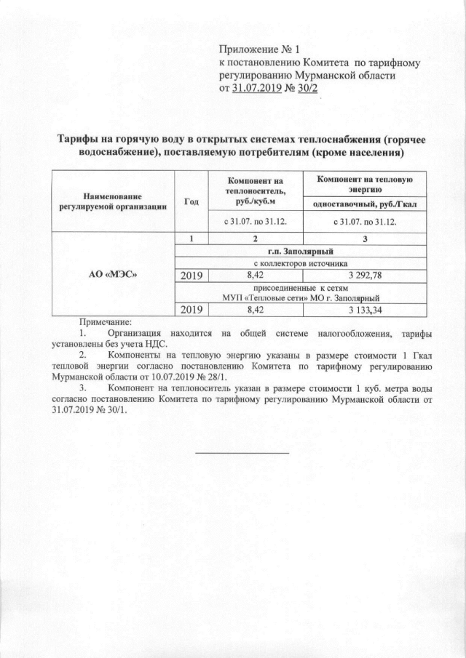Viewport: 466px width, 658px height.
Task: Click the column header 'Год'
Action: pos(192,201)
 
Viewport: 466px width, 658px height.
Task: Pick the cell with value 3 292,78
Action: pos(363,276)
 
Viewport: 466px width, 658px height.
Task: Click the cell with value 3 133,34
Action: pos(363,310)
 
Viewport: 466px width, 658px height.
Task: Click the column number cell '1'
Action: pos(192,239)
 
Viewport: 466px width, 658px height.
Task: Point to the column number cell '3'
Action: pos(364,239)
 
